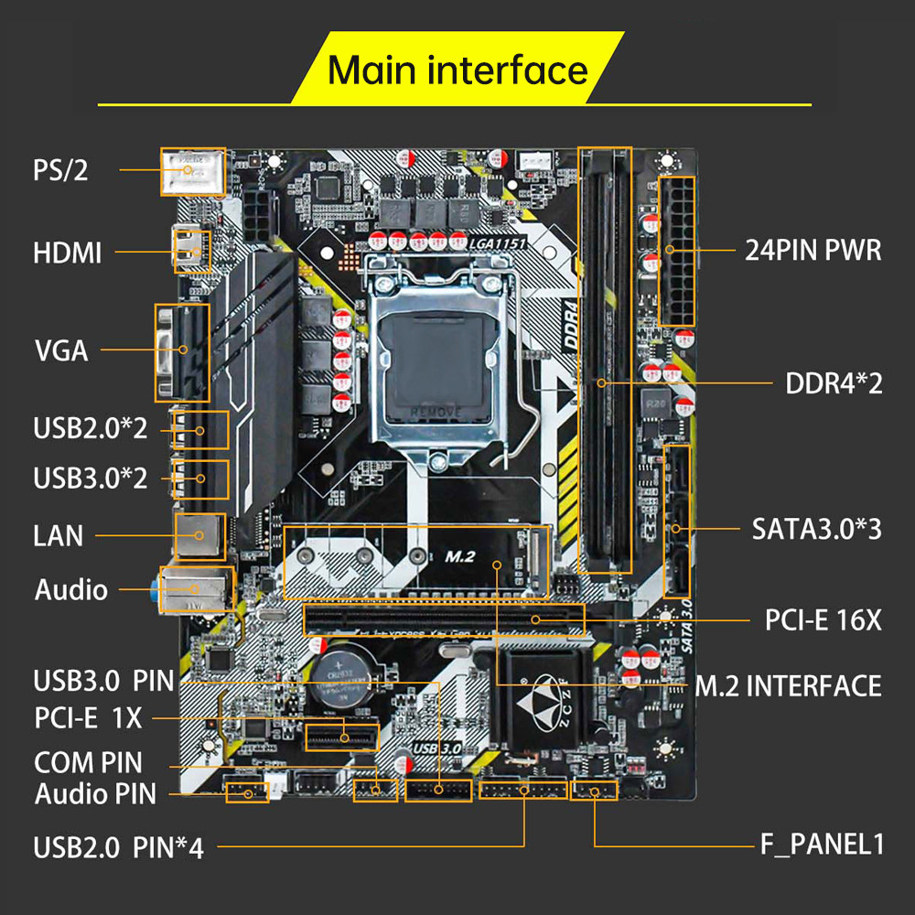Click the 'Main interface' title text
(457, 70)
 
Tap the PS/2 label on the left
(60, 170)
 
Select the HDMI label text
(67, 253)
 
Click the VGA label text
(61, 350)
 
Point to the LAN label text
(58, 535)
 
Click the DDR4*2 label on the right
(834, 382)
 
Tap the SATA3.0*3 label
(816, 528)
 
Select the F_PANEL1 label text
(822, 844)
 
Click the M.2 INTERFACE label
(788, 685)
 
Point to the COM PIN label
(88, 761)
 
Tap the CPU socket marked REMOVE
(436, 361)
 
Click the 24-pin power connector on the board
(675, 250)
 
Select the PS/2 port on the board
(192, 171)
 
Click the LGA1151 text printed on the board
(493, 242)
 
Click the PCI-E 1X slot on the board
(343, 736)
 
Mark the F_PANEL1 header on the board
(594, 790)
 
